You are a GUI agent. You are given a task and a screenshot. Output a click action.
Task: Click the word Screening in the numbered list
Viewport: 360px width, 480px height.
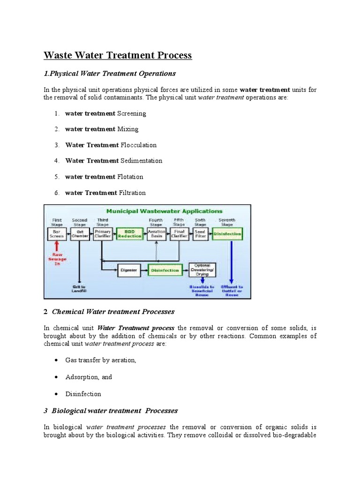131,113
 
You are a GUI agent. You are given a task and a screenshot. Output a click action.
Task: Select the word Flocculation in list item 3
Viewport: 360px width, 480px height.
139,145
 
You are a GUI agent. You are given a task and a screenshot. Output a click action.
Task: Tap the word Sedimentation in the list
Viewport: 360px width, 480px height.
141,161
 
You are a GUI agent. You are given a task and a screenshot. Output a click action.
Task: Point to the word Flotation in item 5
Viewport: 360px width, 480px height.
130,177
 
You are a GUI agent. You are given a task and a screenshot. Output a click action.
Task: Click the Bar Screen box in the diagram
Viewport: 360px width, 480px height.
57,234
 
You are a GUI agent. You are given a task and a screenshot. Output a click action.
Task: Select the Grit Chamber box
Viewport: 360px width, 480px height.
80,234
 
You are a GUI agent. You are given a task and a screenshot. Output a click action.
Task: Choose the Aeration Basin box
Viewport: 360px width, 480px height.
156,234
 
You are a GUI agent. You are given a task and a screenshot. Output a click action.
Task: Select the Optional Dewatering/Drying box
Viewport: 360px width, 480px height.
202,270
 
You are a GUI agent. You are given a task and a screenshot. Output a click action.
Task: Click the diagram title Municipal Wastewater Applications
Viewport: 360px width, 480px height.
164,211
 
